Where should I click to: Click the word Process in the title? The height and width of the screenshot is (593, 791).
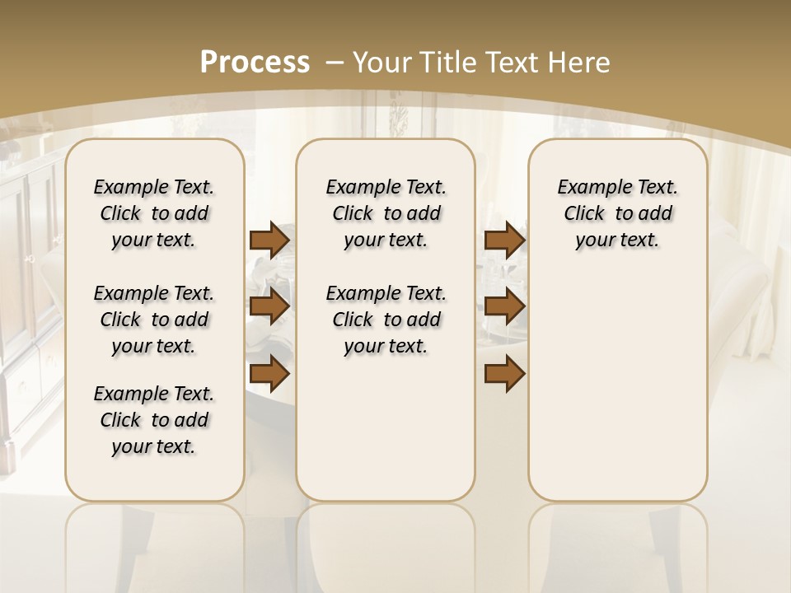pyautogui.click(x=255, y=62)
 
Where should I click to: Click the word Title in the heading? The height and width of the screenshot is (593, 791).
pyautogui.click(x=446, y=62)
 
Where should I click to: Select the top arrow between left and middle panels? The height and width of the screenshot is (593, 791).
pyautogui.click(x=269, y=240)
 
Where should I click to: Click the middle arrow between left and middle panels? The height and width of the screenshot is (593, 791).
pyautogui.click(x=269, y=306)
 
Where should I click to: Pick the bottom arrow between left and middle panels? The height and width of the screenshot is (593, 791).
pyautogui.click(x=269, y=373)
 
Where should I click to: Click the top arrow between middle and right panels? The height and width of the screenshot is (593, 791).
pyautogui.click(x=504, y=240)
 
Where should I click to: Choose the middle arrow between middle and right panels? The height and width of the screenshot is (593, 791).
pyautogui.click(x=504, y=306)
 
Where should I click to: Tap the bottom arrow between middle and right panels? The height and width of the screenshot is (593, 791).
pyautogui.click(x=504, y=373)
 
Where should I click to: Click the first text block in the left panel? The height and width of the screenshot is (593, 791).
pyautogui.click(x=154, y=213)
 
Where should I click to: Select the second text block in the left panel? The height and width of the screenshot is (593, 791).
pyautogui.click(x=154, y=320)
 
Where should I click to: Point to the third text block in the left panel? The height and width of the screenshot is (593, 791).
pyautogui.click(x=154, y=420)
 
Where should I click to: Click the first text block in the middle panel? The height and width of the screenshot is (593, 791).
pyautogui.click(x=386, y=213)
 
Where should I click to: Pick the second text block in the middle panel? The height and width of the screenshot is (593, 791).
pyautogui.click(x=386, y=320)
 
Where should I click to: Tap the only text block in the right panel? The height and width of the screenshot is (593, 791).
pyautogui.click(x=618, y=213)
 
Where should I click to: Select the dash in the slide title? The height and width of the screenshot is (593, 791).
pyautogui.click(x=335, y=62)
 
